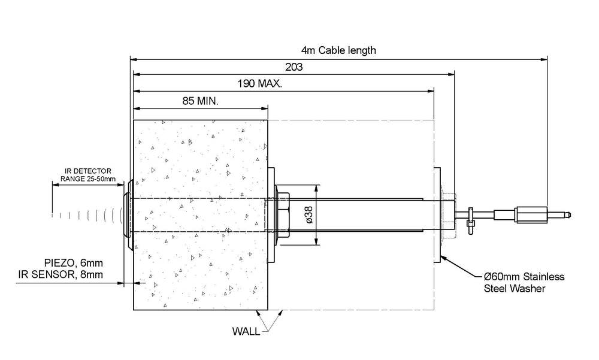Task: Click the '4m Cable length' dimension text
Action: point(338,50)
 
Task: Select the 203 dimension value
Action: point(294,67)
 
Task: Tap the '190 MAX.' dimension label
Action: point(260,84)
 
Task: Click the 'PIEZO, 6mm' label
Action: point(73,262)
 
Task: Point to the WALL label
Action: point(246,331)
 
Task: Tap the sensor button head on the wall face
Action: point(127,214)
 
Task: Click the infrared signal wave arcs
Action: point(90,214)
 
